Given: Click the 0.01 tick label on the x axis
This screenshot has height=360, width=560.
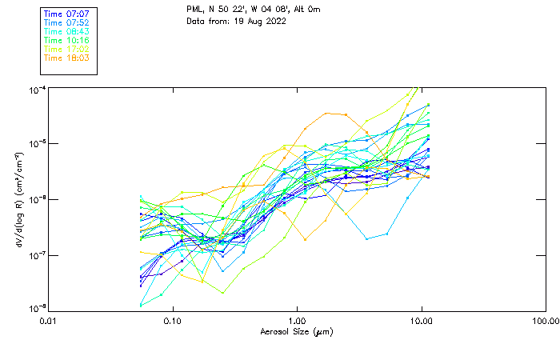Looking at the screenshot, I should (x=49, y=321).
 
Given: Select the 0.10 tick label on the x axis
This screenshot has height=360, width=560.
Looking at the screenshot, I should (x=173, y=321).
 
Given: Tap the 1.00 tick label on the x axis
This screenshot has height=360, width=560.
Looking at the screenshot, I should (x=297, y=321).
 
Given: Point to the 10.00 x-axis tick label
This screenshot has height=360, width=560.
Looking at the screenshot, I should (x=421, y=321).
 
